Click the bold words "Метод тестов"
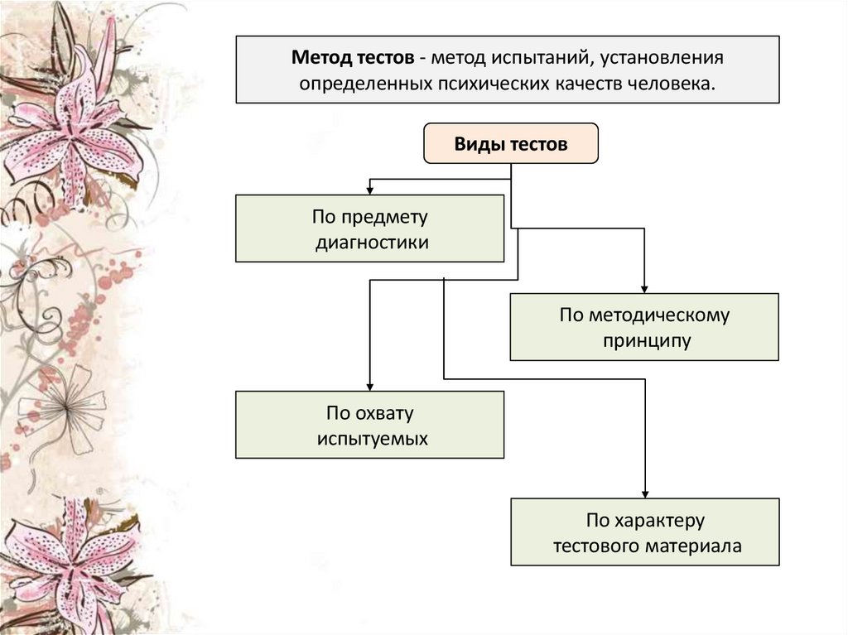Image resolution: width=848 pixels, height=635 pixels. click(x=351, y=59)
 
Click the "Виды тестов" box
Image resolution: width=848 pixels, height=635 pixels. click(x=511, y=144)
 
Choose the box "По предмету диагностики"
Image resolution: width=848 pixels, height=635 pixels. click(x=369, y=229)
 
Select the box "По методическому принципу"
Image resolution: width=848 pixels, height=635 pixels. click(x=643, y=326)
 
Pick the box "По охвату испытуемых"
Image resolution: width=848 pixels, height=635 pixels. click(x=369, y=425)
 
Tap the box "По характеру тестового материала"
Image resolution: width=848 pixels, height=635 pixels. click(x=643, y=532)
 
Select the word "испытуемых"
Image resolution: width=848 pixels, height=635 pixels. click(x=372, y=439)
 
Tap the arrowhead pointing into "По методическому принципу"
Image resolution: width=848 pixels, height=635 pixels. click(x=643, y=287)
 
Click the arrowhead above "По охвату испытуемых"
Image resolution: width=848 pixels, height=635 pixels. click(x=369, y=386)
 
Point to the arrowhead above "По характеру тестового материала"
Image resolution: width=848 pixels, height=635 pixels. click(x=643, y=493)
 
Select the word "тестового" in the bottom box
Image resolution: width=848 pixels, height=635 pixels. click(x=598, y=546)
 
